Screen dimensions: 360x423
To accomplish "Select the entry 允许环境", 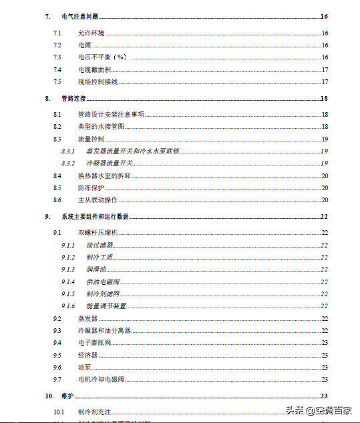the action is click(91, 33).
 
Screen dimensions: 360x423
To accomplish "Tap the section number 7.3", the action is click(57, 57).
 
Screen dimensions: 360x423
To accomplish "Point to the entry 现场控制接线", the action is click(98, 81).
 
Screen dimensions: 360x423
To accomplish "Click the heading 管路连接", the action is click(73, 98).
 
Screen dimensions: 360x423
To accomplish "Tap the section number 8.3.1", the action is click(67, 151).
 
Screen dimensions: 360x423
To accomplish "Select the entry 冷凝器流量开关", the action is click(110, 163).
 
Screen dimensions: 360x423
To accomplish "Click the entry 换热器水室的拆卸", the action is click(104, 175).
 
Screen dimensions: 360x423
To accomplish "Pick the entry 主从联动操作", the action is click(98, 199).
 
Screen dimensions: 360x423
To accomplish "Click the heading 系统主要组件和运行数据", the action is click(95, 216).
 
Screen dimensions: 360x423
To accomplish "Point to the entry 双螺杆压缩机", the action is click(98, 232).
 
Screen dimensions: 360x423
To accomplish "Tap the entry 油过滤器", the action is click(100, 245).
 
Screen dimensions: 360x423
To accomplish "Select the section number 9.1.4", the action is click(67, 282).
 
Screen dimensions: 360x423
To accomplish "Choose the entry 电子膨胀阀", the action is click(94, 343).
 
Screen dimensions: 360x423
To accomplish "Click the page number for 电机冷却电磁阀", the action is click(325, 379).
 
